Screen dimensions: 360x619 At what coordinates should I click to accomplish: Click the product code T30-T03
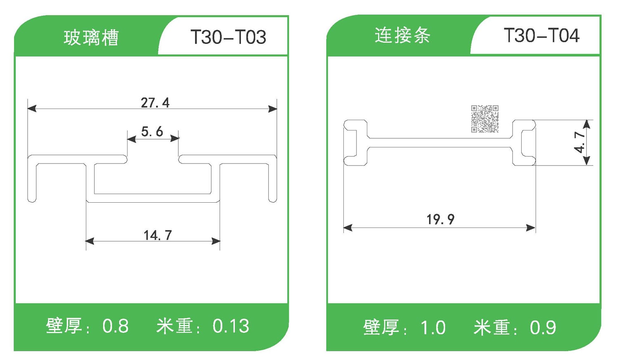click(228, 37)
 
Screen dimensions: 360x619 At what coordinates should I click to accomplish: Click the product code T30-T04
click(541, 36)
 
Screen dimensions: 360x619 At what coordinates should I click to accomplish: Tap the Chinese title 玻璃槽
click(91, 38)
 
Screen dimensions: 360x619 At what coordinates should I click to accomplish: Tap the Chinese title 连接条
click(402, 36)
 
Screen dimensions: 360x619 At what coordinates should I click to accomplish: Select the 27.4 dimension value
click(155, 102)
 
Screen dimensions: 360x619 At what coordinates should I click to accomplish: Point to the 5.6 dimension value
click(152, 132)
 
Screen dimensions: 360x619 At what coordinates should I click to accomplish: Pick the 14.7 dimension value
click(158, 235)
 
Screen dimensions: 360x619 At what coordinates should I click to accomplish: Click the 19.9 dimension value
click(440, 219)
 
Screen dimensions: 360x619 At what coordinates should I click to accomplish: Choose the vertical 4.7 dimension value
click(580, 142)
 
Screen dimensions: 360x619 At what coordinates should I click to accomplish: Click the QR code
click(485, 119)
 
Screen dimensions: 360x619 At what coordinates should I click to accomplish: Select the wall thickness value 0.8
click(116, 326)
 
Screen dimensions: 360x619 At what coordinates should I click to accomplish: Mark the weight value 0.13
click(231, 326)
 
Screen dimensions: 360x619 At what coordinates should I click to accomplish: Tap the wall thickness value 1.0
click(433, 328)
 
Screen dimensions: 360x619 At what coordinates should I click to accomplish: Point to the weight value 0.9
click(543, 328)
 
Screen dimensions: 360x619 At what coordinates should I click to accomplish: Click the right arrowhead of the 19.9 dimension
click(531, 227)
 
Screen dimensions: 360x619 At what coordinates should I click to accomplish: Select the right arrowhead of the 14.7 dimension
click(215, 241)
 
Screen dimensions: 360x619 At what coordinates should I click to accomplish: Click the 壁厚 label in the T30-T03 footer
click(64, 326)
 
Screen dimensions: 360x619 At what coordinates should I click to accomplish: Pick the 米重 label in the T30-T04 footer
click(491, 328)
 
